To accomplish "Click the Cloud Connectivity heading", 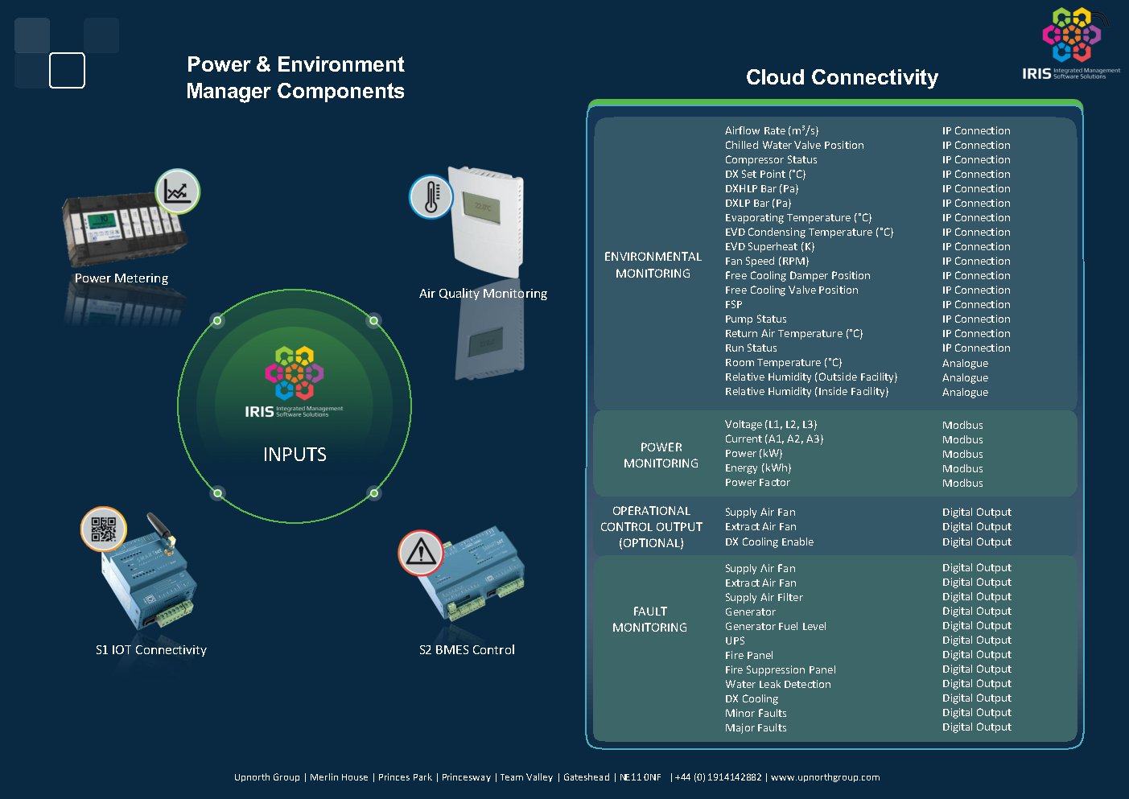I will pos(842,77).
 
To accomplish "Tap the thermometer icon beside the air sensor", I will pos(431,196).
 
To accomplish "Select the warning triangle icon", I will pos(421,553).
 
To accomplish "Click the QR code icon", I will pos(104,529).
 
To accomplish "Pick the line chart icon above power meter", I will pos(177,192).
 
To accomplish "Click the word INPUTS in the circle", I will pos(295,455).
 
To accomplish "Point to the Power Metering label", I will pos(122,278).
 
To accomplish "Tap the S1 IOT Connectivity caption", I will pos(151,650).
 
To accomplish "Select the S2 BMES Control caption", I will pos(467,650).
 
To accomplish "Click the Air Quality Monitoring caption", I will pos(483,294).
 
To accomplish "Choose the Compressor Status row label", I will pos(771,160).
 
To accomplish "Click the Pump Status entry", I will pos(756,319).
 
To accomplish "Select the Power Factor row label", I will pos(757,483).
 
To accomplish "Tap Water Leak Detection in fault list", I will pos(778,685).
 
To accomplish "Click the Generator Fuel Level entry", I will pos(776,627).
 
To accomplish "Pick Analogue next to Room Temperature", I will pos(965,364).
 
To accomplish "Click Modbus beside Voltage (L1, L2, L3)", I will pos(962,426).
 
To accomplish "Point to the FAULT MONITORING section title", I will pos(650,620).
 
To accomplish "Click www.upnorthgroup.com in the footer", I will pos(826,777).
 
